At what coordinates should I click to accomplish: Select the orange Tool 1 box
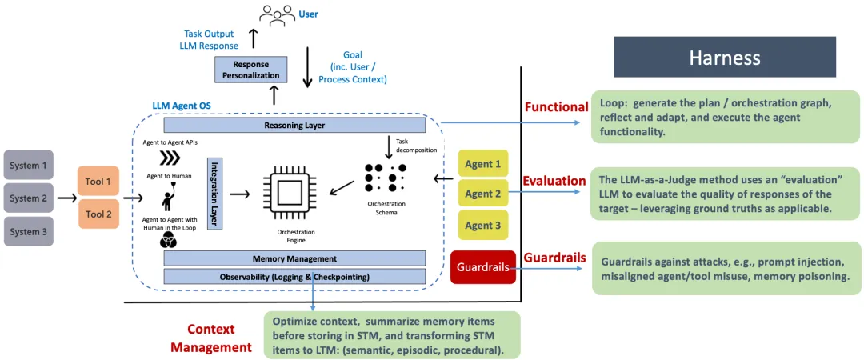[x=98, y=181]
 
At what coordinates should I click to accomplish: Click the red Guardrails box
[x=482, y=267]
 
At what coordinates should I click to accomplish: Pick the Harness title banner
[x=725, y=57]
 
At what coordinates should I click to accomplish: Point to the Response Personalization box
[x=250, y=70]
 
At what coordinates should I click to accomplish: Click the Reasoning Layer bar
[x=294, y=125]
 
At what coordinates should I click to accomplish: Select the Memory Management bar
[x=294, y=258]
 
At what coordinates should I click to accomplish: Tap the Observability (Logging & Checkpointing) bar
[x=294, y=276]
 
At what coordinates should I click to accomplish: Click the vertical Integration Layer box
[x=215, y=194]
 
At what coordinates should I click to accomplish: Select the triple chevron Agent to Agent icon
[x=170, y=158]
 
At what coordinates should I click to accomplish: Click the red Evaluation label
[x=554, y=181]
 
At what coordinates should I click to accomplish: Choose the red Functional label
[x=555, y=106]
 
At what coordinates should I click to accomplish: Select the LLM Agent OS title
[x=182, y=106]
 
